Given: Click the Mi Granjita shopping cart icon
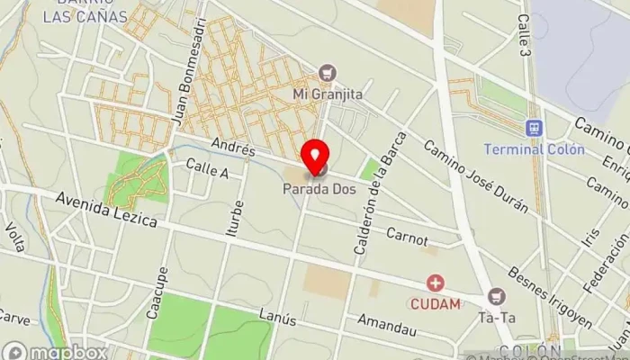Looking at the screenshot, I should (x=328, y=73).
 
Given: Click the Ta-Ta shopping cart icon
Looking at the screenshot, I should (x=496, y=295).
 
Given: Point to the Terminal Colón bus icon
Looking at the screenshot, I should (x=534, y=129).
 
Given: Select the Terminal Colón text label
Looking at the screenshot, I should (x=526, y=148).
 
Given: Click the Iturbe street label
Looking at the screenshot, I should (x=233, y=218).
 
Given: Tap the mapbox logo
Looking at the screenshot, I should (x=55, y=351).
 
